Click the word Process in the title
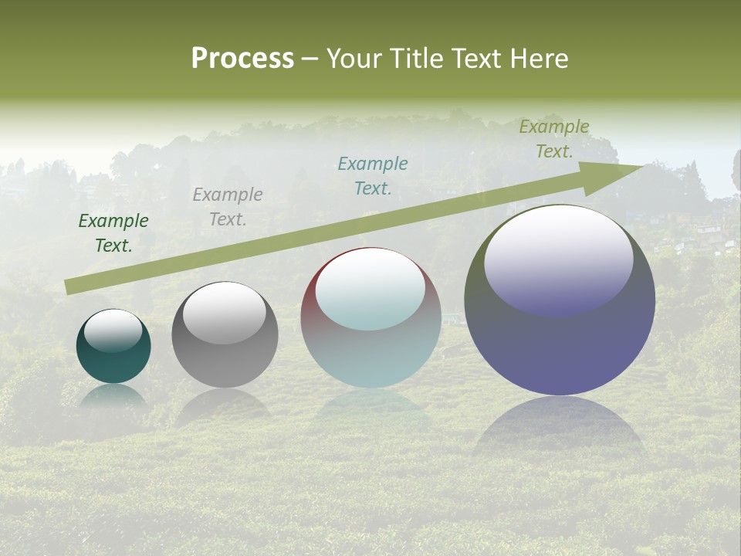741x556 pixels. tap(242, 59)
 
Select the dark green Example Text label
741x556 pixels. tap(113, 233)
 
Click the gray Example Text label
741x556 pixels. tap(228, 207)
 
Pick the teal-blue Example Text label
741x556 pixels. tap(373, 176)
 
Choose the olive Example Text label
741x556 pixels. tap(554, 139)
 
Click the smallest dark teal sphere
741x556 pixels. tap(113, 359)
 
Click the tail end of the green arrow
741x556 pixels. tap(68, 287)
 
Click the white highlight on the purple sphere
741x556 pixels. tap(558, 259)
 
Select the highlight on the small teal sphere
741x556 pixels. tap(113, 330)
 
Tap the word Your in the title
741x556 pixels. tap(351, 59)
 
